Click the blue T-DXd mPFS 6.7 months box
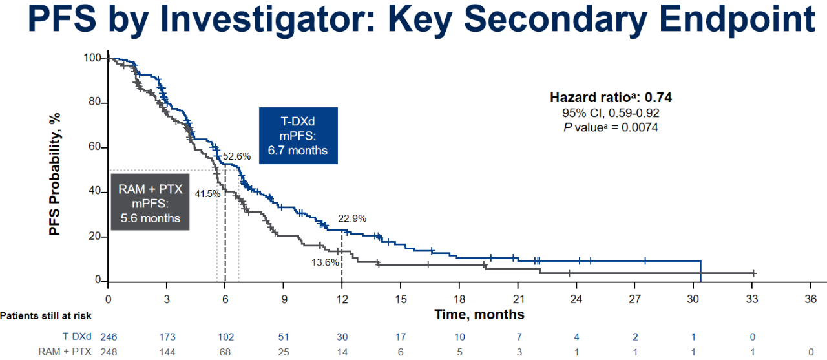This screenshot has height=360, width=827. [x=298, y=136]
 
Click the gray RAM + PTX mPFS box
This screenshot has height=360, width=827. [x=151, y=202]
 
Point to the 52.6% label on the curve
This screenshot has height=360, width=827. [x=236, y=156]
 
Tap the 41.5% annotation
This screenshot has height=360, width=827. [x=207, y=193]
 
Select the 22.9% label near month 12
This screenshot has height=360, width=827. [x=352, y=218]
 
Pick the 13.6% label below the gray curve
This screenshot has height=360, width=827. [x=325, y=262]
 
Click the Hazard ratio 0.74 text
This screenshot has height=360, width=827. [x=611, y=97]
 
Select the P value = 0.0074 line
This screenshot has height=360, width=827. [x=611, y=127]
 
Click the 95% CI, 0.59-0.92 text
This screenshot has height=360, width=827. [x=611, y=112]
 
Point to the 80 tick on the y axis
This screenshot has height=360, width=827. [x=95, y=101]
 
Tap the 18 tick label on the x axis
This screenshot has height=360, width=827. [x=459, y=299]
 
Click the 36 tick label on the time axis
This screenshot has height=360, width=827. [x=811, y=299]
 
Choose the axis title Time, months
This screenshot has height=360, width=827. [x=479, y=315]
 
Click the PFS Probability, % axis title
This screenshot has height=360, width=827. [x=55, y=174]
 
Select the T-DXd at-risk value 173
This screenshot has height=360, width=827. [x=167, y=337]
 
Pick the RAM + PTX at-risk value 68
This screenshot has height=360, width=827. [x=225, y=352]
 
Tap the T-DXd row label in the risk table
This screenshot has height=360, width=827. [x=77, y=336]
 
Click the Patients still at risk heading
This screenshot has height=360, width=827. [x=46, y=316]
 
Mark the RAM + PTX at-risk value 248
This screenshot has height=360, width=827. [x=109, y=352]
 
